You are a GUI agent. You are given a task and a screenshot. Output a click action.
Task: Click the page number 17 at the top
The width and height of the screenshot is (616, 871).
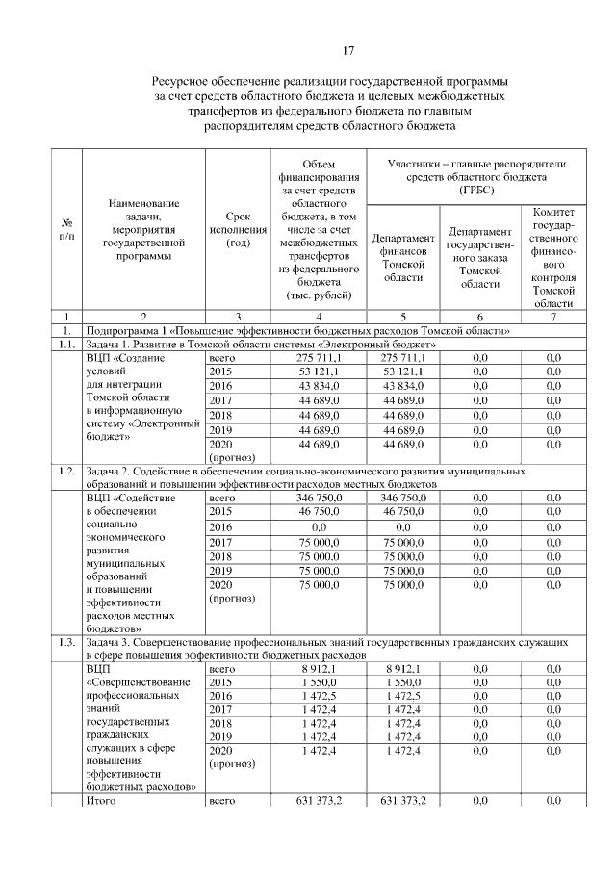[349, 51]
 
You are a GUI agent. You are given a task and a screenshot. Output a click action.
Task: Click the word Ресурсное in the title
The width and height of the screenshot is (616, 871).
[189, 84]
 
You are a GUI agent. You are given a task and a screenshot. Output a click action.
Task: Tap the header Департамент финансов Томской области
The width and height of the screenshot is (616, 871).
[403, 256]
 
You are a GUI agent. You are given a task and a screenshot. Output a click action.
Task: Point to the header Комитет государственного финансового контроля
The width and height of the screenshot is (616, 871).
[552, 256]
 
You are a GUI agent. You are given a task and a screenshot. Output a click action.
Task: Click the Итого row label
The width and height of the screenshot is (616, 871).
[101, 800]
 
